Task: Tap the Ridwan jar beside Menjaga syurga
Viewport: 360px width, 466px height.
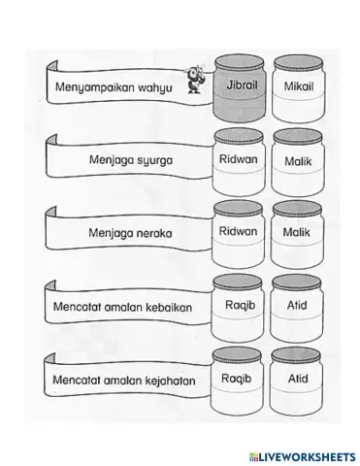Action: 238,162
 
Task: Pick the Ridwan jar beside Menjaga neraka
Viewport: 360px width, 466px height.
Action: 238,236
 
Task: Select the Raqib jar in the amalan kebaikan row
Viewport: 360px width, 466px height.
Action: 238,309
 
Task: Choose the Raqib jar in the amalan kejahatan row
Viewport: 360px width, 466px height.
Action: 238,382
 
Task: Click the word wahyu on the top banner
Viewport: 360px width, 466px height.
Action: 152,88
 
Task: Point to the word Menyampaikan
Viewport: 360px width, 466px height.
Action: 95,88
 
